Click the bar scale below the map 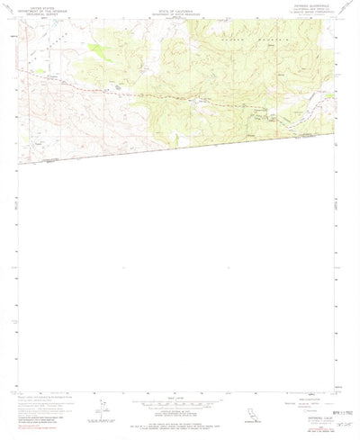point(179,401)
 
